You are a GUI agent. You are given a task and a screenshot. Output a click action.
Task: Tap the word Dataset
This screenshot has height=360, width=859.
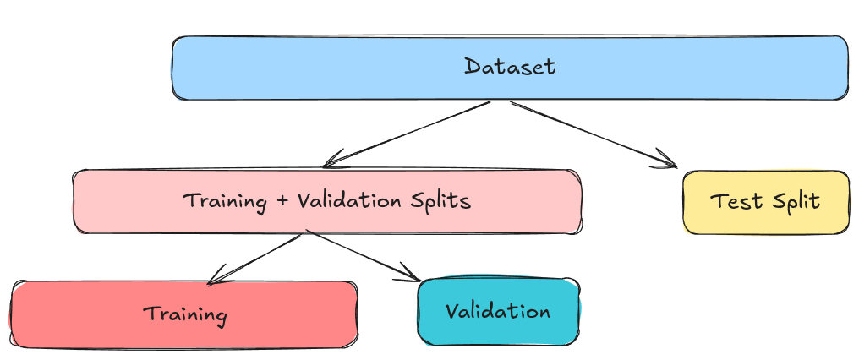[x=510, y=67]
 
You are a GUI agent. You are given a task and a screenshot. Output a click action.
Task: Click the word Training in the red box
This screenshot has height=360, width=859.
[x=185, y=315]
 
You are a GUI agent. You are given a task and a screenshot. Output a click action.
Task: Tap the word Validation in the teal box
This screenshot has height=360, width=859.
[x=498, y=311]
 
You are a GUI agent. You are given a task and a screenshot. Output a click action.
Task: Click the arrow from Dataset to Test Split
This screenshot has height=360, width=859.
[x=592, y=134]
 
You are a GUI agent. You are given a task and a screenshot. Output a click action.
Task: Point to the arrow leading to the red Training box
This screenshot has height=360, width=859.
[x=254, y=259]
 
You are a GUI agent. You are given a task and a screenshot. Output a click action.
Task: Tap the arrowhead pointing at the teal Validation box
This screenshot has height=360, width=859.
[x=412, y=275]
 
